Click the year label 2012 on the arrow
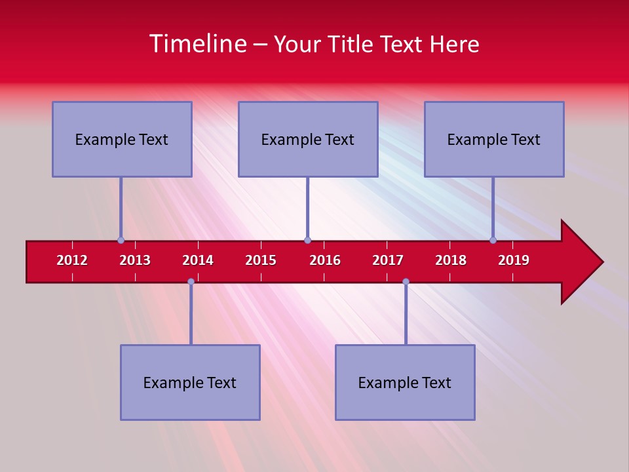click(72, 260)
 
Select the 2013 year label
click(135, 260)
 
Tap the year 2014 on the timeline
click(198, 260)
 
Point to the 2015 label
click(261, 260)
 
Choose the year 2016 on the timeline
click(325, 260)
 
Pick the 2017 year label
click(388, 260)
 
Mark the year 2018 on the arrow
click(451, 260)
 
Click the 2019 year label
click(514, 260)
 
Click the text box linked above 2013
click(122, 139)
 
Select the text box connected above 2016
click(308, 139)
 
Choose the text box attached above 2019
click(494, 139)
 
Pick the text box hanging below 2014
click(190, 382)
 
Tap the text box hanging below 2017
click(405, 382)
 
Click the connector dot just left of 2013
click(121, 240)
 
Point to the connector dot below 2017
click(406, 281)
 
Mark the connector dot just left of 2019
click(493, 240)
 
